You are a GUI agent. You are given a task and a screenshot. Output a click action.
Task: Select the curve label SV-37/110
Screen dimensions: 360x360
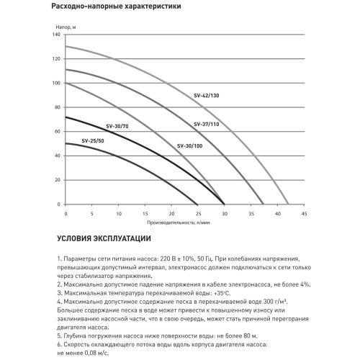click(x=208, y=124)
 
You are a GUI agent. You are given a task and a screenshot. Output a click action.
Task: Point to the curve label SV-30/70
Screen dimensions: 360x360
click(x=115, y=127)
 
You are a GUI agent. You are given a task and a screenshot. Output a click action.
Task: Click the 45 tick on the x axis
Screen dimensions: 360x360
click(x=303, y=213)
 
